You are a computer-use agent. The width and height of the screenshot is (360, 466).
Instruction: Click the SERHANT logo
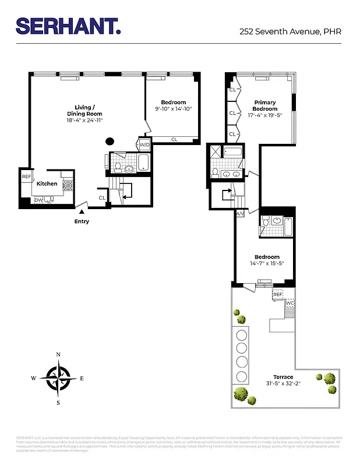tap(68, 26)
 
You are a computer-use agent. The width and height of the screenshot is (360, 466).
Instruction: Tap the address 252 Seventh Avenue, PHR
tap(290, 31)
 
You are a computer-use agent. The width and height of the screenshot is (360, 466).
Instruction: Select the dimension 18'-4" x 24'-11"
tap(84, 121)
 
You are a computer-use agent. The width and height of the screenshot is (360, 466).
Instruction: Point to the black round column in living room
tap(109, 140)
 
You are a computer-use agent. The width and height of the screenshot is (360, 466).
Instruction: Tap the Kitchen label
tap(47, 183)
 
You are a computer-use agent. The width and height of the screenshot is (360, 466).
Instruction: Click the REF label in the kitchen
tap(26, 176)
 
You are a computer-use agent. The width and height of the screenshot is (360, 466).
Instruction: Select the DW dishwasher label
tap(38, 200)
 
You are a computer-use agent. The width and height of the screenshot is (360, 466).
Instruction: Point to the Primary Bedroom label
tap(264, 105)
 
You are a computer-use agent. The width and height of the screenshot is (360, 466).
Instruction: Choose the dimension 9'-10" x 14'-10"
tap(173, 109)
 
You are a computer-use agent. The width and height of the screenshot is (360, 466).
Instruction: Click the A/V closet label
tap(240, 214)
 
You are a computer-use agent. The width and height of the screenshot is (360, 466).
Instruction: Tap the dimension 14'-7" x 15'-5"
tap(267, 263)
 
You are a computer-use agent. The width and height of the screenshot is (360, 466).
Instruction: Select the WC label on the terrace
tap(290, 303)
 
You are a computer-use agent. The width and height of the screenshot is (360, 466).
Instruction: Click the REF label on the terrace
tap(277, 295)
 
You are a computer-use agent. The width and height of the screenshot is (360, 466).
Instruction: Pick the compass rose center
tap(58, 378)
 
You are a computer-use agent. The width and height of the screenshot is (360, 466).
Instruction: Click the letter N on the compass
tap(58, 355)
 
